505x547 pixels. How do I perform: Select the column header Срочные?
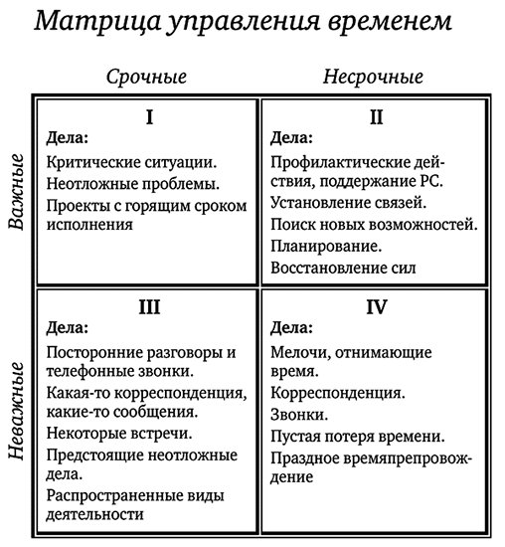(146, 77)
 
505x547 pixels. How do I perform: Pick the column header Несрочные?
(373, 77)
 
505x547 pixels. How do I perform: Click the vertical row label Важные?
(17, 192)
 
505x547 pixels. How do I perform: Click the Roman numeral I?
(149, 117)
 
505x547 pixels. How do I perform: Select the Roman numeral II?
(376, 117)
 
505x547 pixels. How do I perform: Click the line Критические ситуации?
(132, 160)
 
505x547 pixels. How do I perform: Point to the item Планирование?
(327, 246)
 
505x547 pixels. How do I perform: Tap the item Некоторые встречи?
(119, 433)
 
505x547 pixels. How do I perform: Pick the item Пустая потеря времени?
(357, 436)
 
